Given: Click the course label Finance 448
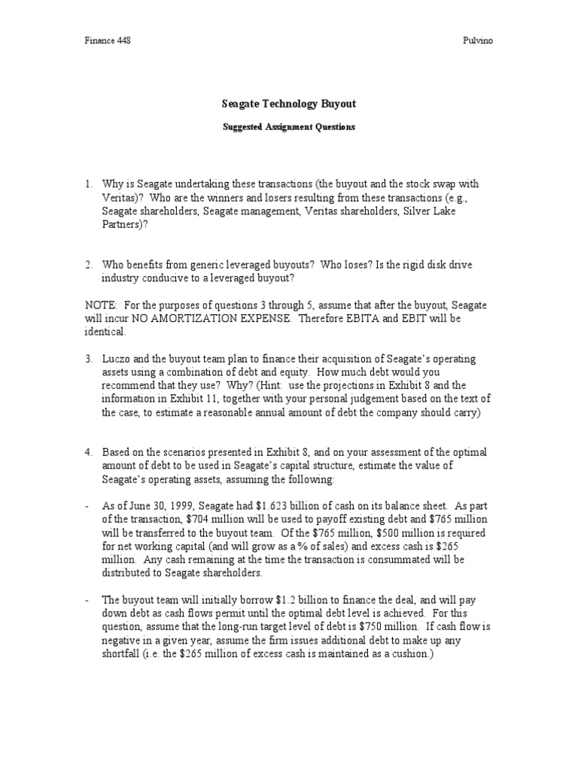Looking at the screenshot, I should click(107, 41).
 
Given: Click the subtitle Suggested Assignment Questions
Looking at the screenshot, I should click(289, 127).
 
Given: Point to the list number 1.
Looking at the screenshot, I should click(89, 183).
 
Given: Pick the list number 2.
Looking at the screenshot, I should click(89, 265).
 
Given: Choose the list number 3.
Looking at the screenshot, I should click(89, 359).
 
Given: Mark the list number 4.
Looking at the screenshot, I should click(89, 452).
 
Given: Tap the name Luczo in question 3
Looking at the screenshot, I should click(118, 359).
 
